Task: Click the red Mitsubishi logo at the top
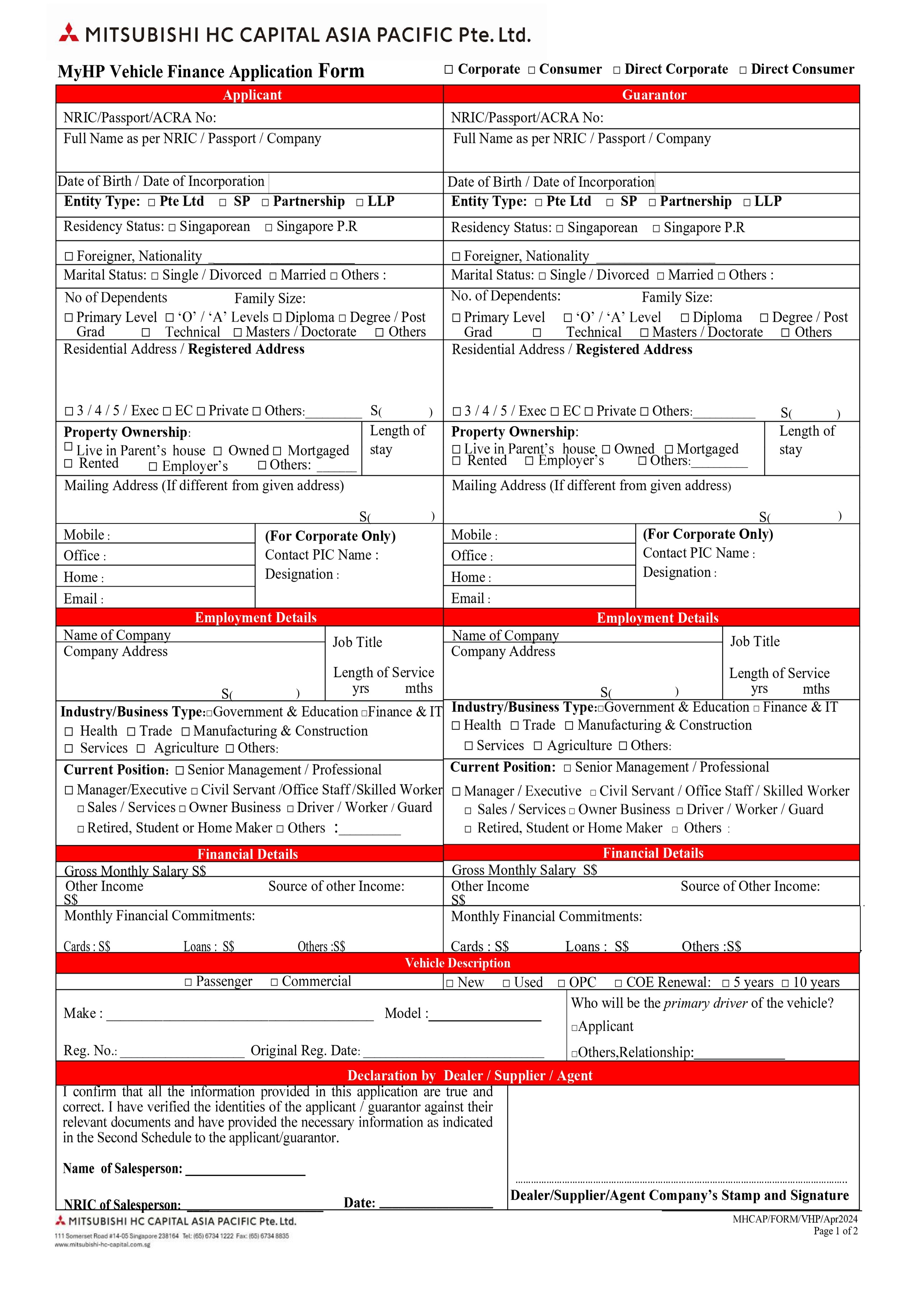(x=69, y=33)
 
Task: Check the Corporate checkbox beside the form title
(x=449, y=70)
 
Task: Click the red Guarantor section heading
(x=654, y=95)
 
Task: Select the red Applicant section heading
(x=252, y=95)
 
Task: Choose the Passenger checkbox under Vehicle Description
(x=188, y=982)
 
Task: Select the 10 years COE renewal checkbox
(x=785, y=984)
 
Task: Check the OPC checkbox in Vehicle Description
(x=561, y=984)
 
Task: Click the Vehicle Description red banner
(x=457, y=963)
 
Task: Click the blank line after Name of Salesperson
(x=245, y=1170)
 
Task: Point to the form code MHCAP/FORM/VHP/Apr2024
(x=795, y=1219)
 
